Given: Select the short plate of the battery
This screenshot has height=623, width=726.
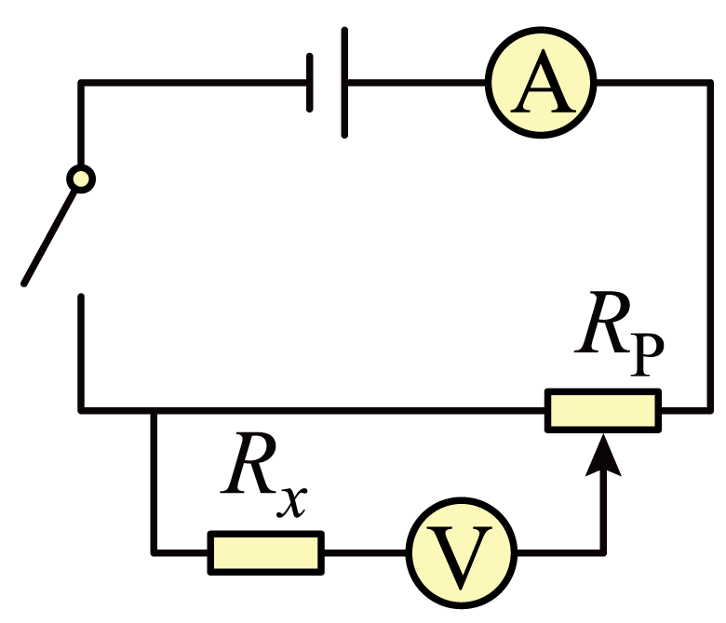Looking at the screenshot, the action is point(310,83).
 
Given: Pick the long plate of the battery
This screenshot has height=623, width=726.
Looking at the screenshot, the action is point(344,83).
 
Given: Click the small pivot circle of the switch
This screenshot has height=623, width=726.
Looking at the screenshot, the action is point(81,179).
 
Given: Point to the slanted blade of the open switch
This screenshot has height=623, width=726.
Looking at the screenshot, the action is point(49,237).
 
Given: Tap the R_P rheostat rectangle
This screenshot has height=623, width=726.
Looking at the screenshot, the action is point(603,411).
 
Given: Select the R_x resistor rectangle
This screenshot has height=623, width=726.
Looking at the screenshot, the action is point(266,552).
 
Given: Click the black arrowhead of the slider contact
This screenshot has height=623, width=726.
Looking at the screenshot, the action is point(603,455).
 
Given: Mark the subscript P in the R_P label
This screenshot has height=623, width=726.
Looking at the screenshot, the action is point(647,353).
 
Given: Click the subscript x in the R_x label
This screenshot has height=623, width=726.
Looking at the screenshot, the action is point(291,501).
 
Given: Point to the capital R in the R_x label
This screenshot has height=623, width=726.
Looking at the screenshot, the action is point(249,463).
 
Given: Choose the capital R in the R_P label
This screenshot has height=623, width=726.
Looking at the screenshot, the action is point(603,323).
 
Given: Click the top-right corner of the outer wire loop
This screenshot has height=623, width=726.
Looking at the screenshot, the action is point(710,83).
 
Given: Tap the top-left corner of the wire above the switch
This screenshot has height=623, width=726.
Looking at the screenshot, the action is point(81,83).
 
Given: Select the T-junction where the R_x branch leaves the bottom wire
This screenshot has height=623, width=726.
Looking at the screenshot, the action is point(155,411).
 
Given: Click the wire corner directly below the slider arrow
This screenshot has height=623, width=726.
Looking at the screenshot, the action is point(603,552).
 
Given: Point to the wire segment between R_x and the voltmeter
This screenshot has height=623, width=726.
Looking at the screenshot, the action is point(365,552).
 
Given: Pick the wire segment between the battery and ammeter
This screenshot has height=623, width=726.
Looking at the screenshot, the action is point(417,83).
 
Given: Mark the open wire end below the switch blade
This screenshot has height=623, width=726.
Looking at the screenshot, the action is point(81,296).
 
